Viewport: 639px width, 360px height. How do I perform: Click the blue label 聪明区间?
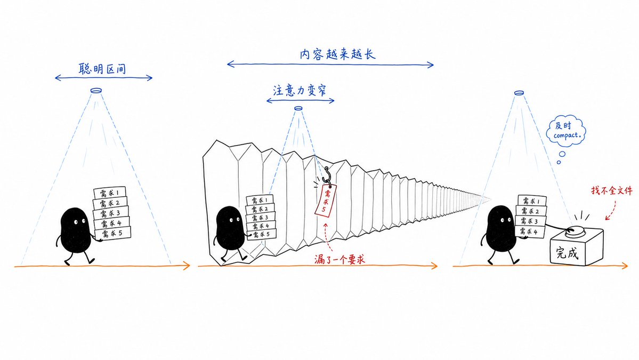tap(102, 68)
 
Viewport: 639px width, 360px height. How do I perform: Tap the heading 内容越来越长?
tap(337, 54)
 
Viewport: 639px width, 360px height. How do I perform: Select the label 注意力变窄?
tap(300, 90)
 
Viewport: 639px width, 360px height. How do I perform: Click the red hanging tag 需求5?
tap(325, 199)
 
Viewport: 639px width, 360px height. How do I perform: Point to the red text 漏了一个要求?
tap(339, 259)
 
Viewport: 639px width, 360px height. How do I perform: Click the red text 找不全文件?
tap(612, 190)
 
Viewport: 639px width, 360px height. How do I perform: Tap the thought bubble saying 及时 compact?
tap(565, 130)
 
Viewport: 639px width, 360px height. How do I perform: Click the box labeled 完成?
tap(576, 246)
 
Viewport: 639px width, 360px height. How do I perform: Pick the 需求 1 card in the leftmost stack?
tap(110, 193)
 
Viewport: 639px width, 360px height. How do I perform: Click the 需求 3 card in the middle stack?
tap(260, 217)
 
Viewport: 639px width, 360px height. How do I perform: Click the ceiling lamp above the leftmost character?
tap(96, 91)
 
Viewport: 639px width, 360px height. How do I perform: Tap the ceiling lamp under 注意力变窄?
tap(298, 108)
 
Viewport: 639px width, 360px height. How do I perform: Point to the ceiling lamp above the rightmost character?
tap(519, 93)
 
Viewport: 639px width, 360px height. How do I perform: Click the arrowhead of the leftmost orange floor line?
tap(187, 266)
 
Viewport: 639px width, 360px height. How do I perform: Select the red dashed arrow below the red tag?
tap(328, 236)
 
